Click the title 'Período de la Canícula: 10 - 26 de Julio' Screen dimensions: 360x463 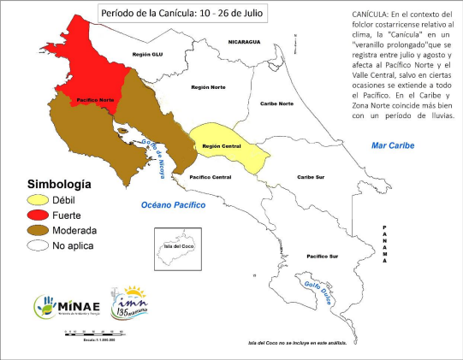coord(182,14)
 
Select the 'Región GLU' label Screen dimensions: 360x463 coord(147,54)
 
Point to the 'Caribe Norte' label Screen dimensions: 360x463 coord(276,103)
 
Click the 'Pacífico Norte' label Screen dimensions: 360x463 coord(96,101)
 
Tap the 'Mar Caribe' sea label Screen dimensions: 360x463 coord(392,145)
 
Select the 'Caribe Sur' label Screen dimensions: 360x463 coord(311,177)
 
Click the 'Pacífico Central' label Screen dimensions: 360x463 coord(211,177)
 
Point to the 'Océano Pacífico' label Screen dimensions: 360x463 coord(175,205)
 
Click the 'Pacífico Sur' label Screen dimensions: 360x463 coord(324,257)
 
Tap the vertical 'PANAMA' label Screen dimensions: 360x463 coord(386,241)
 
